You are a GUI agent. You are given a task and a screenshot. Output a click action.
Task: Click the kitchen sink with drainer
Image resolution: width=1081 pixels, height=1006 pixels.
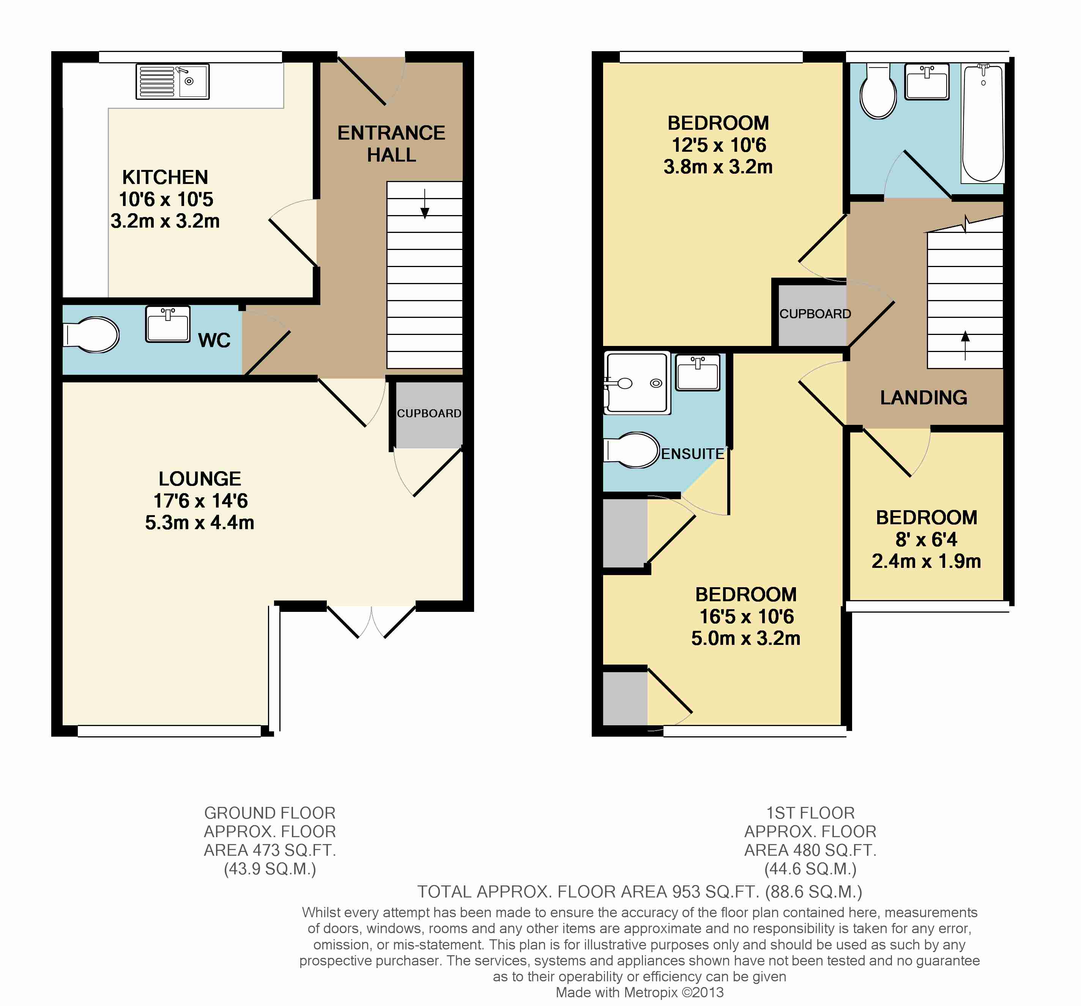tap(172, 82)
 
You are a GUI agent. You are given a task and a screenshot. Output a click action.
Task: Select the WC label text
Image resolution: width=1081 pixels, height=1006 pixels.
tap(214, 340)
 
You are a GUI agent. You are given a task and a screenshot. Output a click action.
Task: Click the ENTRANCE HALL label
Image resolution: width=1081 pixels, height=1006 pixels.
tap(391, 143)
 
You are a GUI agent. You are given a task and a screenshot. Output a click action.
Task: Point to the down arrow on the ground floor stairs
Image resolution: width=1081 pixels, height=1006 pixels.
tap(425, 204)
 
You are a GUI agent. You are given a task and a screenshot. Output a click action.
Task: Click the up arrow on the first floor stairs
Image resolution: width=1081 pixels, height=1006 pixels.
tap(965, 345)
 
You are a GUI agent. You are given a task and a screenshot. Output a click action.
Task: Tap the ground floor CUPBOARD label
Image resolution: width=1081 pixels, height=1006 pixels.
tap(429, 413)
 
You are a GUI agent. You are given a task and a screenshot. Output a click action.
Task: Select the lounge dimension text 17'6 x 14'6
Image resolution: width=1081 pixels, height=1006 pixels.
tap(200, 501)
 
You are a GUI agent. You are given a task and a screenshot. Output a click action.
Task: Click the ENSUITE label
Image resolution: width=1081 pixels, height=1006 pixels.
tap(693, 453)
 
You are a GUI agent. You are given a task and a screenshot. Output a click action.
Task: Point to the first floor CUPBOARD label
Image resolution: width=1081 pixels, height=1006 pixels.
tap(815, 314)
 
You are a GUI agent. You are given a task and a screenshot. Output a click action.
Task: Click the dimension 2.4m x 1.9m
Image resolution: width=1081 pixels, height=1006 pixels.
tap(926, 561)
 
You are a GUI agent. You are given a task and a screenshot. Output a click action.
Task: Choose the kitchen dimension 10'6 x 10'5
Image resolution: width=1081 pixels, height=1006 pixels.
tap(166, 200)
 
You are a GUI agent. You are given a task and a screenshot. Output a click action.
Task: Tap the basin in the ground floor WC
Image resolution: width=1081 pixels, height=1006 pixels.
tap(168, 324)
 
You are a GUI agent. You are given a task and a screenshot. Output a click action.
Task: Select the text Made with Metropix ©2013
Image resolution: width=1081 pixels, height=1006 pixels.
tap(640, 992)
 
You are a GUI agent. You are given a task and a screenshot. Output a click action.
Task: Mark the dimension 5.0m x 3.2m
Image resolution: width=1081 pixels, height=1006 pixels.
tap(745, 638)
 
